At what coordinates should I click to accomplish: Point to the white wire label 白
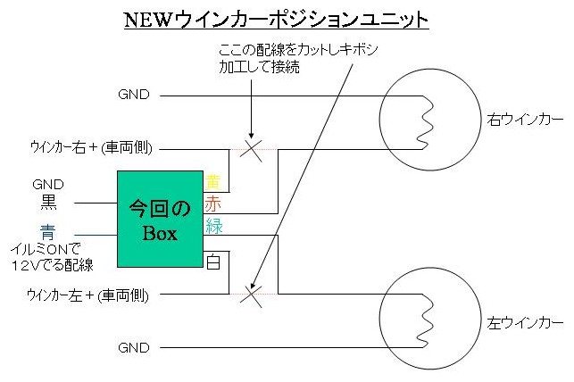213,262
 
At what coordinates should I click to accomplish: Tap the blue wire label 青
48,231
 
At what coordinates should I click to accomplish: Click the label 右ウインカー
525,118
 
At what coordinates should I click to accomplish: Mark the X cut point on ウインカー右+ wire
253,147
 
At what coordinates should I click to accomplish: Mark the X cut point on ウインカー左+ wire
253,292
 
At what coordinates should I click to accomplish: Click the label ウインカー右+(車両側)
87,147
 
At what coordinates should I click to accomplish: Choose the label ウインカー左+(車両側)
87,294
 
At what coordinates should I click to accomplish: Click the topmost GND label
134,94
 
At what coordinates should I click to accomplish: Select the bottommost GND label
134,347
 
